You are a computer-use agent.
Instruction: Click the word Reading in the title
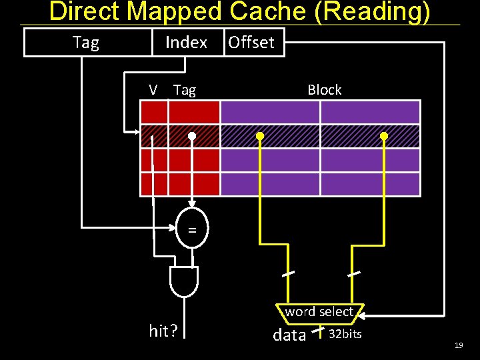tap(381, 12)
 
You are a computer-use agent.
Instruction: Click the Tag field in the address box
tap(85, 43)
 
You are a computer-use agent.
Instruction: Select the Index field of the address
tap(186, 43)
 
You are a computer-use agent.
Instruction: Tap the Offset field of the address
tap(251, 43)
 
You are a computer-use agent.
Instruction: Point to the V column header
tap(153, 90)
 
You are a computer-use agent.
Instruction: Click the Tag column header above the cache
tap(185, 90)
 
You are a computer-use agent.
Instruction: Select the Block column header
tap(324, 90)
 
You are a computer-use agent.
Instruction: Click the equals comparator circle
tap(192, 230)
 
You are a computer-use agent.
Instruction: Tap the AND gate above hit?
tap(184, 281)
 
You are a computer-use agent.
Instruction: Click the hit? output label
tap(163, 331)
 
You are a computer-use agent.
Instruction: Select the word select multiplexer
tap(319, 312)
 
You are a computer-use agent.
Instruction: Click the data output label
tap(289, 335)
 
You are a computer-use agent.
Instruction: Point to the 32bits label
tap(345, 334)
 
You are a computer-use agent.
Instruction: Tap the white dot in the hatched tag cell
tap(192, 136)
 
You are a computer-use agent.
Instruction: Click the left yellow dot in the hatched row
tap(260, 136)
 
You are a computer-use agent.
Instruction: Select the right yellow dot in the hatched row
tap(384, 136)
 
